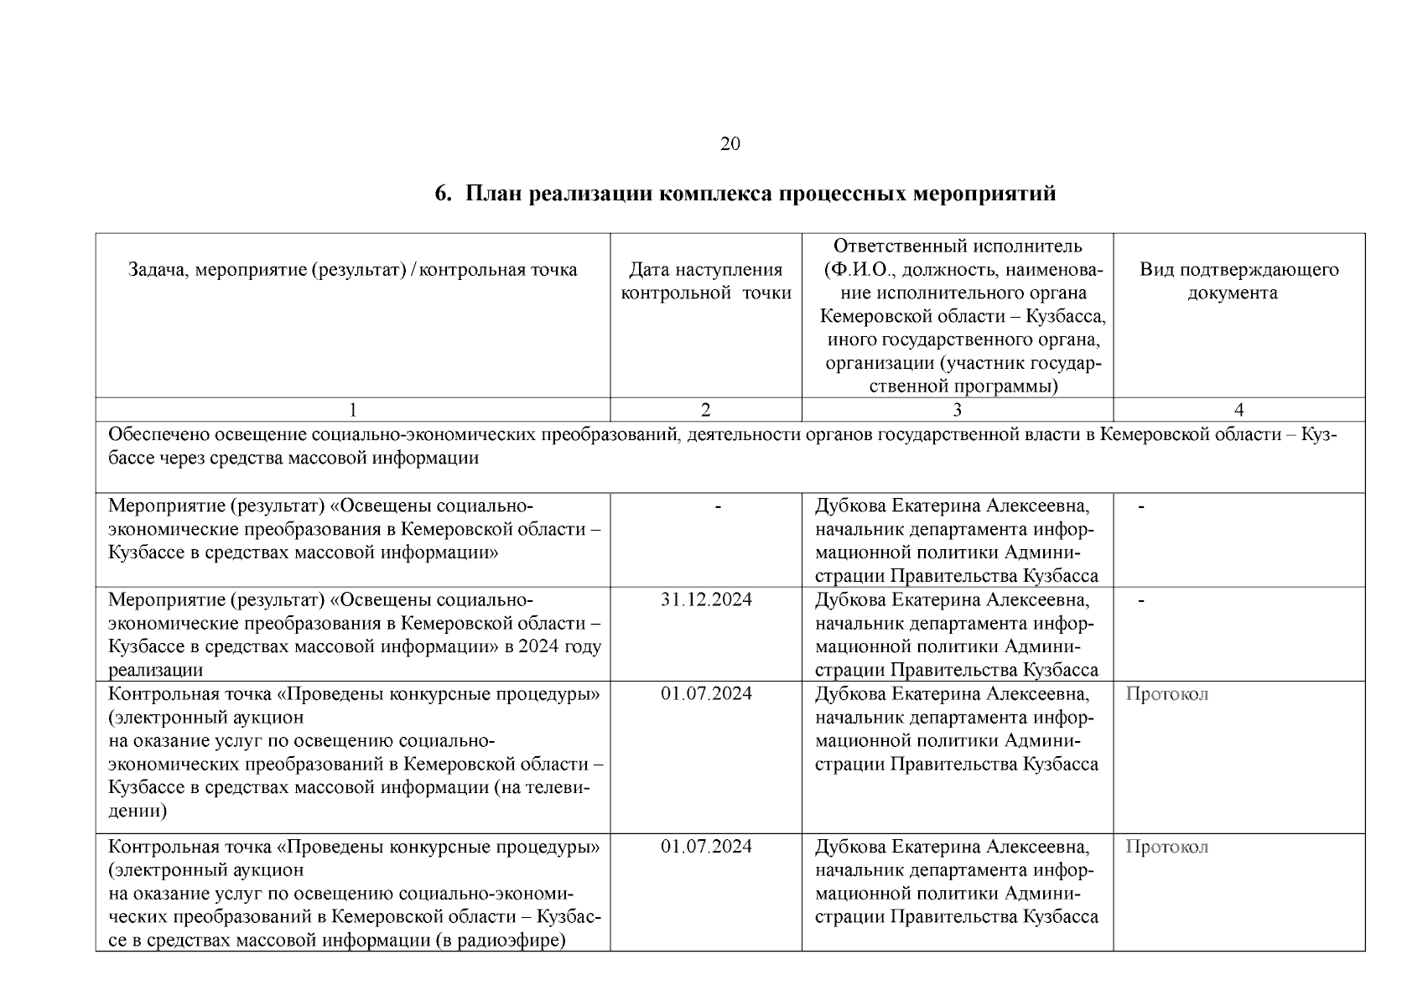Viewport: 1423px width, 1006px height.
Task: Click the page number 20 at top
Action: click(x=730, y=144)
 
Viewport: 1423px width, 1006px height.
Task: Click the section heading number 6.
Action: click(x=442, y=194)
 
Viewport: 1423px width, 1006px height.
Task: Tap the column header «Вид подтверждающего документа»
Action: click(x=1239, y=281)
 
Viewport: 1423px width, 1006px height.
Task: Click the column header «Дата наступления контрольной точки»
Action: click(x=705, y=281)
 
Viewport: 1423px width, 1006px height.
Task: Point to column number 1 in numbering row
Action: click(x=352, y=410)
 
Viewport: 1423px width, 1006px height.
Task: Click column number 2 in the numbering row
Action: click(x=705, y=410)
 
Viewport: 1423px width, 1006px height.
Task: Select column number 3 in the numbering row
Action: click(x=957, y=410)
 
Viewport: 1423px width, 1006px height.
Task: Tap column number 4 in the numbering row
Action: click(x=1239, y=410)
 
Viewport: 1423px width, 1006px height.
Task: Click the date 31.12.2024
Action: click(x=706, y=600)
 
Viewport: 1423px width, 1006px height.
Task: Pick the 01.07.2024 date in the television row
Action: click(x=706, y=694)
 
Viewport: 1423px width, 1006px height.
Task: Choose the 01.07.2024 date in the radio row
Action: click(x=706, y=847)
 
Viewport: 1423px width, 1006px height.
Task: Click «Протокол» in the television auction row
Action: click(x=1166, y=694)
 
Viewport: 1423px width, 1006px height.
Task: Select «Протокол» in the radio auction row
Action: click(x=1166, y=847)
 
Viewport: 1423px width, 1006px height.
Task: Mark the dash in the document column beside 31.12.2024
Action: click(x=1141, y=600)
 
